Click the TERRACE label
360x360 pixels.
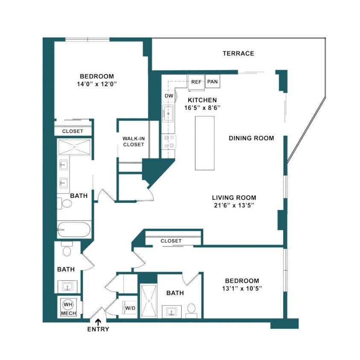coord(238,53)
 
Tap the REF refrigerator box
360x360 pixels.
coord(196,82)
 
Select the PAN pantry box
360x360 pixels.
coord(212,82)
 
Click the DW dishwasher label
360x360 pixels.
coord(169,96)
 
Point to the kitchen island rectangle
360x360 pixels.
coord(205,143)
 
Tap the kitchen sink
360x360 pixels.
coord(168,114)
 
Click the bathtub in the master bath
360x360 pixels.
coord(74,230)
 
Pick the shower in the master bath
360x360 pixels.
coord(74,146)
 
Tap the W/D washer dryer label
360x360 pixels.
coord(128,307)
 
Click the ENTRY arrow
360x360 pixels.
coord(98,321)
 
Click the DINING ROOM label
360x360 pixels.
coord(251,138)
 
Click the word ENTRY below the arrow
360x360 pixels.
coord(98,329)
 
